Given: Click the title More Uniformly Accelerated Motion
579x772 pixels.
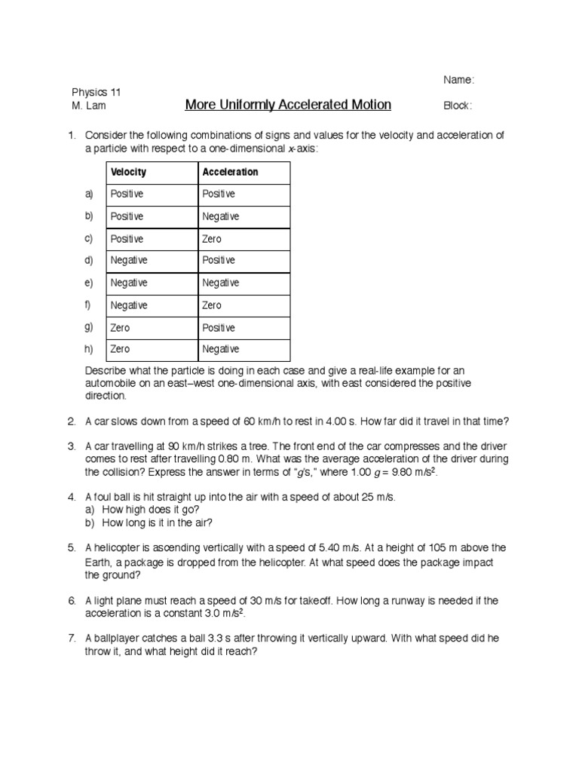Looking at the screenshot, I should pyautogui.click(x=288, y=105).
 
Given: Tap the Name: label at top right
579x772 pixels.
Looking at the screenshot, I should pyautogui.click(x=458, y=80).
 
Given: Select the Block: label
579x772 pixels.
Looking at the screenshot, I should pyautogui.click(x=458, y=106).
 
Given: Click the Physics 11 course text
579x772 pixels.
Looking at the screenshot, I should pyautogui.click(x=96, y=92).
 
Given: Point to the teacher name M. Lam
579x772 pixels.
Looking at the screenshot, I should pyautogui.click(x=89, y=106).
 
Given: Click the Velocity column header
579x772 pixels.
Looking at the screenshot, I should pyautogui.click(x=129, y=172).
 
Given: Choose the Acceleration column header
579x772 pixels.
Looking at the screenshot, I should pyautogui.click(x=230, y=172).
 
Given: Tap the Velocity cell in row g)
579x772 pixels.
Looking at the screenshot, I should pyautogui.click(x=121, y=328).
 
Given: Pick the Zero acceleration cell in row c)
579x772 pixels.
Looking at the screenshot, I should pyautogui.click(x=212, y=239).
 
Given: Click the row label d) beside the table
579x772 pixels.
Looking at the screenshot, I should pyautogui.click(x=89, y=261).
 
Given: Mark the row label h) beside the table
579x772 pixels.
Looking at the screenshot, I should pyautogui.click(x=89, y=350).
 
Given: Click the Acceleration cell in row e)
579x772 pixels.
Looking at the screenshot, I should pyautogui.click(x=221, y=283).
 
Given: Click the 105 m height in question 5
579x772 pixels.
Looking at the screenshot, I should pyautogui.click(x=448, y=547).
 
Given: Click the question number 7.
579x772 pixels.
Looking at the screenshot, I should pyautogui.click(x=72, y=638).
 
